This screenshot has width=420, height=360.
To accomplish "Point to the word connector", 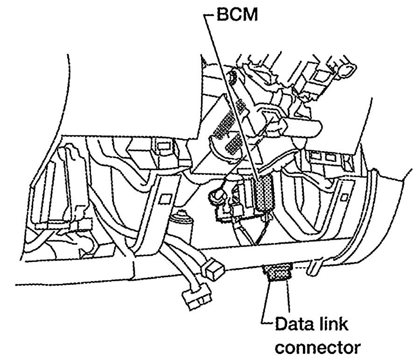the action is tap(318, 347).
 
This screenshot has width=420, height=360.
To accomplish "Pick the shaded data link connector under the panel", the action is tap(278, 272).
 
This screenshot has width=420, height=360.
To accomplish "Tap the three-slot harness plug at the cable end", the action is tap(197, 299).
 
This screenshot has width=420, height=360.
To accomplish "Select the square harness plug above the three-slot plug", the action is tap(213, 268).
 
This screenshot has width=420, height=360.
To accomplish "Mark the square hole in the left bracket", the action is tap(164, 198).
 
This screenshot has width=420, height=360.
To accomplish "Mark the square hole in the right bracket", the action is tap(344, 198).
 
